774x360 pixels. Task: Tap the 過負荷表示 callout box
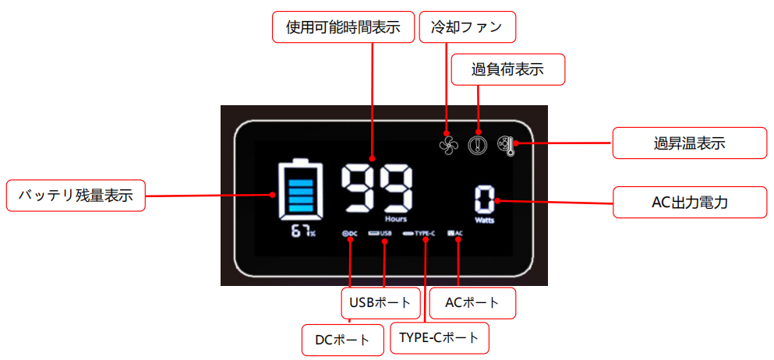[507, 69]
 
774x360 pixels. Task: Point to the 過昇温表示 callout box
[691, 143]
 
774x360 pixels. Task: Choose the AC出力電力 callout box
[691, 203]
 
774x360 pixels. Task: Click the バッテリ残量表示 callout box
[75, 196]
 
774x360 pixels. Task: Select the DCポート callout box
[343, 339]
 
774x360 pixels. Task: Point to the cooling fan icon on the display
[447, 143]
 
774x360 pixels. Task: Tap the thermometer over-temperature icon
[507, 143]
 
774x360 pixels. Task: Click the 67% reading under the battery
[303, 232]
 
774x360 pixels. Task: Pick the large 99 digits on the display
[377, 189]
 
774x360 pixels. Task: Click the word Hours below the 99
[395, 220]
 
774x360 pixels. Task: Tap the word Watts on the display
[486, 221]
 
